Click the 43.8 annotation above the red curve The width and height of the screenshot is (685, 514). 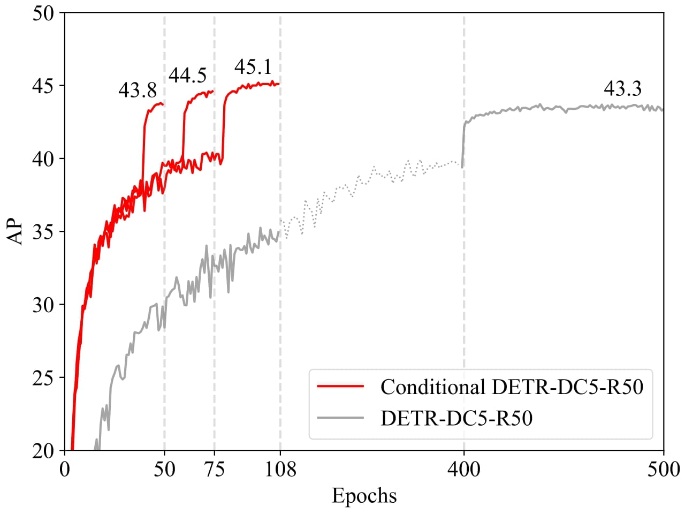(138, 90)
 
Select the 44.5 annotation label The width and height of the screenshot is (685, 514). (187, 76)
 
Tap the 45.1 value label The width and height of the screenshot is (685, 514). (253, 67)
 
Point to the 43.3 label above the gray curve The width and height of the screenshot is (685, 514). (622, 89)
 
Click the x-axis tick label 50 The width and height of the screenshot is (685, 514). (164, 470)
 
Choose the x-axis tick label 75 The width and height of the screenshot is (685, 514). (215, 470)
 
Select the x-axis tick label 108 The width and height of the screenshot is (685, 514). (280, 470)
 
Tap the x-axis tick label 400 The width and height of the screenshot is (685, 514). (464, 470)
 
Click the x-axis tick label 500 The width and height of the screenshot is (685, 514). (663, 470)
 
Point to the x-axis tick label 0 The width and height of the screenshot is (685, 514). (65, 470)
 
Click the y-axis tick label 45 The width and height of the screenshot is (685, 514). (43, 86)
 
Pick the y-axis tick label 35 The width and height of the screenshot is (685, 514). (43, 232)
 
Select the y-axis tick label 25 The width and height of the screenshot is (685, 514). (43, 377)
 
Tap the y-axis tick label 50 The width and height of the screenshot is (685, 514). (43, 13)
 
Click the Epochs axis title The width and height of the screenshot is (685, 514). (364, 496)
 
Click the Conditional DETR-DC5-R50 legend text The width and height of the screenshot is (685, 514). (512, 387)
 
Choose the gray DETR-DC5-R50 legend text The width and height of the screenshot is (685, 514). (456, 418)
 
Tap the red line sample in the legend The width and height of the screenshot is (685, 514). (340, 387)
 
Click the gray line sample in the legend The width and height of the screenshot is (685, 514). (340, 418)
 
